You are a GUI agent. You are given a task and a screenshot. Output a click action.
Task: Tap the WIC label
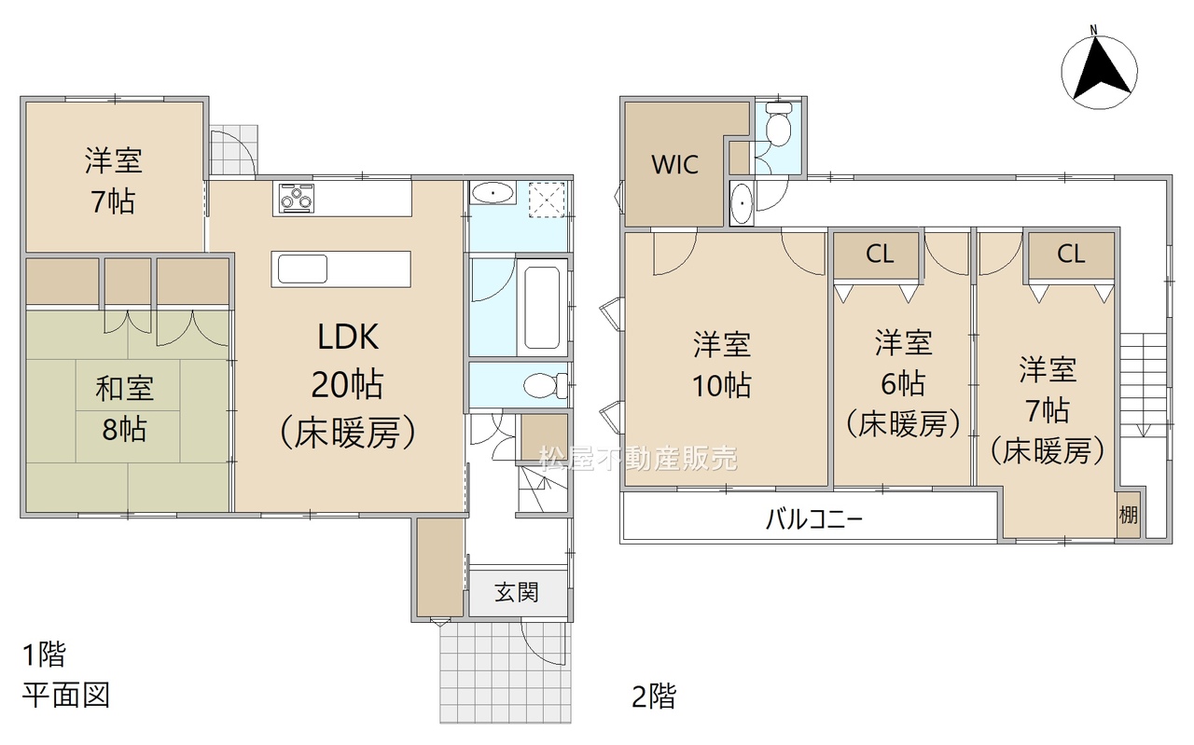(x=674, y=165)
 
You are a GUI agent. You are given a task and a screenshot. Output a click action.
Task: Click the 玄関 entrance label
(x=517, y=592)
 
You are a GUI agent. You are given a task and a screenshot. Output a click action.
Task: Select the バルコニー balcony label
(x=814, y=518)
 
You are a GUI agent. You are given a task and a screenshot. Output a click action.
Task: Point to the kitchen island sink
(x=302, y=269)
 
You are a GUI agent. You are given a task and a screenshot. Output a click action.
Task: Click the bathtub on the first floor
(x=542, y=307)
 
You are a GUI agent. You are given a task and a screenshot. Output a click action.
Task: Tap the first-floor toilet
(x=546, y=385)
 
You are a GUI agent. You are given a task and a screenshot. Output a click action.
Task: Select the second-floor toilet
(x=778, y=124)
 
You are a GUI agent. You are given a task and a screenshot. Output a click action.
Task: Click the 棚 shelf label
(x=1128, y=515)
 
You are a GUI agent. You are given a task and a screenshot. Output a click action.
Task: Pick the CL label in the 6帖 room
(x=880, y=255)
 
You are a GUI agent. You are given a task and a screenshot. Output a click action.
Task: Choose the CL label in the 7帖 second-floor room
(x=1071, y=255)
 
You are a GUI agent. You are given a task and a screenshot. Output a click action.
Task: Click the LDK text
(x=348, y=337)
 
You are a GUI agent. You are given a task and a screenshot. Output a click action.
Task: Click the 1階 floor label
(x=44, y=655)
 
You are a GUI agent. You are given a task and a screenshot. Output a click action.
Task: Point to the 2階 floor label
(x=654, y=697)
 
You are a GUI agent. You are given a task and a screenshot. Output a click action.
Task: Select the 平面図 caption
(x=66, y=695)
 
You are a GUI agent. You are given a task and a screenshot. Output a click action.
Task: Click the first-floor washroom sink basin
(x=493, y=192)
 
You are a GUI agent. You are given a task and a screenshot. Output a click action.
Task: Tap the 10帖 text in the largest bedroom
(x=722, y=385)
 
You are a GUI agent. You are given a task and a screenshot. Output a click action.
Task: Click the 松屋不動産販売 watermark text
(x=638, y=459)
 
